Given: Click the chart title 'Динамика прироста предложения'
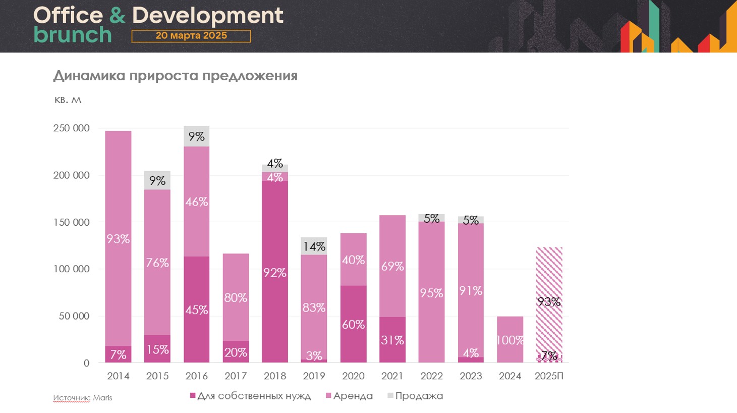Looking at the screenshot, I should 175,76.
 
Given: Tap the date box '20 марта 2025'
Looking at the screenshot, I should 191,36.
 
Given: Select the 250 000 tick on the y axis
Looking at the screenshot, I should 71,128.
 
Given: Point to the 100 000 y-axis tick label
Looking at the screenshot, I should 71,269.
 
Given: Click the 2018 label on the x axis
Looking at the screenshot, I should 275,376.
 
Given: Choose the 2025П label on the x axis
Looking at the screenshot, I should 549,376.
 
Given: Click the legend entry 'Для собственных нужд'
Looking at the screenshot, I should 250,396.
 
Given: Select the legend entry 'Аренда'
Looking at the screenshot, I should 350,396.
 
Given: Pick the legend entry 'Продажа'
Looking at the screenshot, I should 415,396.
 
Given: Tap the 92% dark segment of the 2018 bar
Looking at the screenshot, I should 275,273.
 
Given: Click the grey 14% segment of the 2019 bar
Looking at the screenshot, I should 314,246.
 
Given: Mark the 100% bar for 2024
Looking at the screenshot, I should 510,340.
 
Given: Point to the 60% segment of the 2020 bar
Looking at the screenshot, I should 353,324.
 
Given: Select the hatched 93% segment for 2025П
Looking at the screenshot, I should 549,301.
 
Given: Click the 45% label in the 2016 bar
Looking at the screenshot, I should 197,309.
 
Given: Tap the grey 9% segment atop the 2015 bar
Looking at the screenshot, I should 157,180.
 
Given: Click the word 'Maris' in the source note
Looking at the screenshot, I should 102,398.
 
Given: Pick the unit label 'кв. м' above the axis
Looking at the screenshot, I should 68,100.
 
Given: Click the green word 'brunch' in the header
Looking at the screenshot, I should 73,35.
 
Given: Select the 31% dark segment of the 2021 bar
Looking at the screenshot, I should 392,340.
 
